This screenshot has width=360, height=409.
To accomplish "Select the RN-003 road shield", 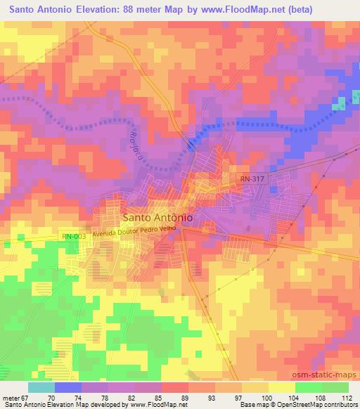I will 73,237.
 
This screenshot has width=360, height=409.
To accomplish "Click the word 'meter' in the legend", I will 11,398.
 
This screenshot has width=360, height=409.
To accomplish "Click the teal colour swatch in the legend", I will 41,387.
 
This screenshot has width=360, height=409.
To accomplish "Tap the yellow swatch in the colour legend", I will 281,387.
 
